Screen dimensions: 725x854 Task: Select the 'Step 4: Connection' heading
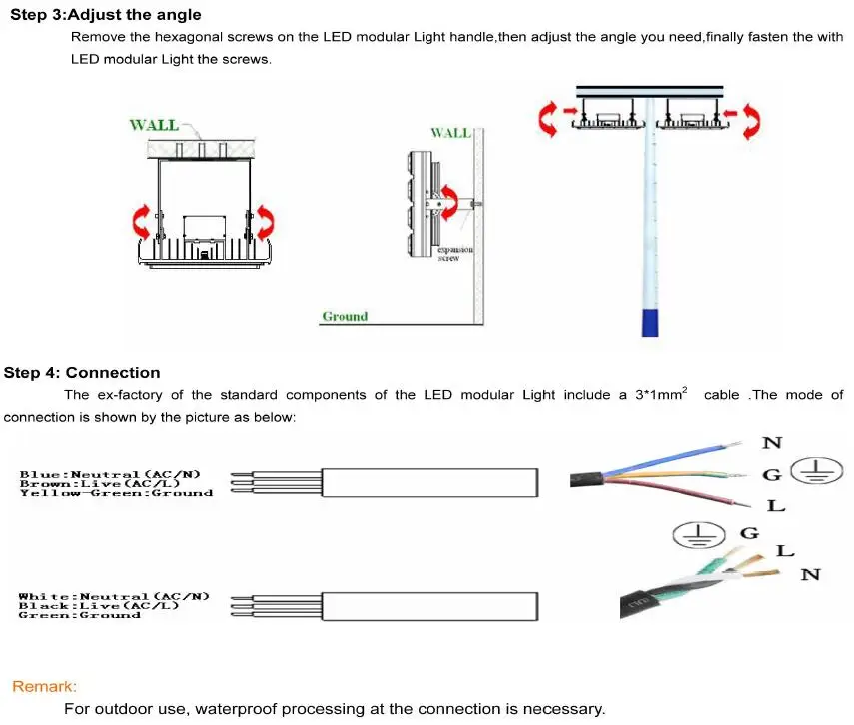click(x=82, y=373)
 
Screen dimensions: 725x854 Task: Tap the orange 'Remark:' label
click(x=44, y=687)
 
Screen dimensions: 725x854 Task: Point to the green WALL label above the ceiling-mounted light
click(x=154, y=125)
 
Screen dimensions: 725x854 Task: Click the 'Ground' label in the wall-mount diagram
click(x=345, y=317)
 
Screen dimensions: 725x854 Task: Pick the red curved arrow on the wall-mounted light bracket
click(x=450, y=199)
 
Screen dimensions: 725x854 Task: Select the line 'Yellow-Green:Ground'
click(x=116, y=493)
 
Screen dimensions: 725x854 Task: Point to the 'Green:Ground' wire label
click(x=79, y=615)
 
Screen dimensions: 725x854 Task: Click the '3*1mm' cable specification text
click(x=659, y=395)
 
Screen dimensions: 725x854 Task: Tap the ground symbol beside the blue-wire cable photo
click(x=811, y=471)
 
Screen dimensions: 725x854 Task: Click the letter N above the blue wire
click(x=773, y=443)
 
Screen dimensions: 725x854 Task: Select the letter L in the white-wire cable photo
click(x=785, y=551)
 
